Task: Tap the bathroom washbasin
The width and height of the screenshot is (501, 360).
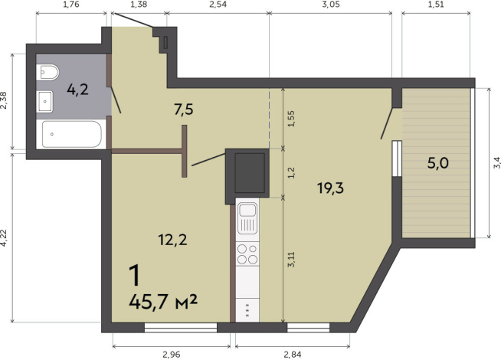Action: (x=45, y=99)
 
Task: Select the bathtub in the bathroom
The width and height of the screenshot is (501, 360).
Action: (x=70, y=135)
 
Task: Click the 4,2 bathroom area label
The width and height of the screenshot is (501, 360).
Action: (x=77, y=90)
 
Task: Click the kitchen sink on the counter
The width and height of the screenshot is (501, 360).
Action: (x=248, y=219)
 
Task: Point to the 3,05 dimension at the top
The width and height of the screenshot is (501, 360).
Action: (x=330, y=5)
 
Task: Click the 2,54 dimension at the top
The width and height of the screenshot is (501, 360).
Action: (x=217, y=5)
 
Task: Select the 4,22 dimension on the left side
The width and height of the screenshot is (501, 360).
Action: (x=5, y=238)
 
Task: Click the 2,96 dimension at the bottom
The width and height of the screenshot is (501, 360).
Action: (x=172, y=355)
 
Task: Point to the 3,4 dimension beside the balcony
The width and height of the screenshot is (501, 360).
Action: (x=496, y=162)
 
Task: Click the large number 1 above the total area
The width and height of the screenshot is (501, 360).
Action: (x=136, y=274)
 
